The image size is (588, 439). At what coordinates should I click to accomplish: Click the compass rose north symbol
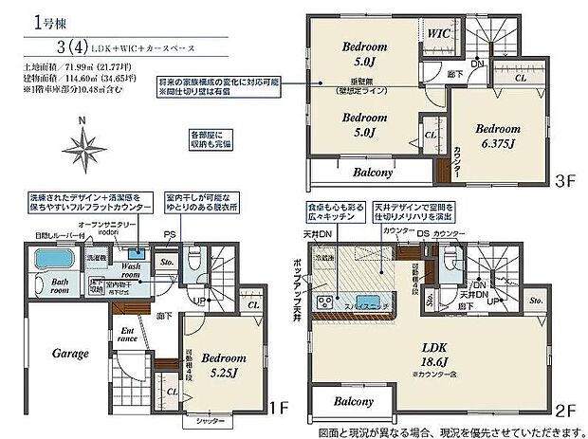[x=88, y=147]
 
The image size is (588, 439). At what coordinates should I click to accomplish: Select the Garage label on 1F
[x=70, y=353]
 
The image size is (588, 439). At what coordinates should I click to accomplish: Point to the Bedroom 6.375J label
[x=498, y=135]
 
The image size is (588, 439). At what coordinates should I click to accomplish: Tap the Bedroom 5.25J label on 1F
[x=222, y=364]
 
